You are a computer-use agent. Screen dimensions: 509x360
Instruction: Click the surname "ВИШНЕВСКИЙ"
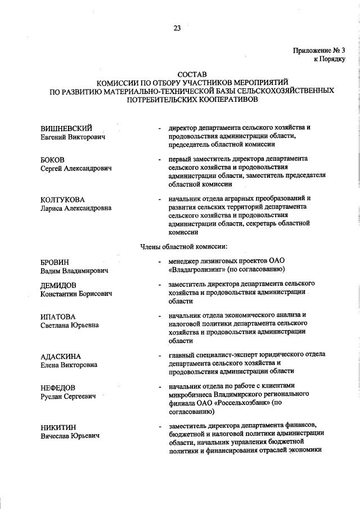(x=66, y=128)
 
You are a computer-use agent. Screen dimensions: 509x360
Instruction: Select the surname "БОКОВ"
(x=52, y=160)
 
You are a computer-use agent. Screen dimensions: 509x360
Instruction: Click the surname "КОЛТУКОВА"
(x=62, y=200)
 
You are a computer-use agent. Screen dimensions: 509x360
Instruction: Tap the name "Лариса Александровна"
(x=76, y=208)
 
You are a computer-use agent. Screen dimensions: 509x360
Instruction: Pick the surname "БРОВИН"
(x=55, y=262)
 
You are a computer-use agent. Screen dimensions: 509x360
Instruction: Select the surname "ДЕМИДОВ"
(x=58, y=285)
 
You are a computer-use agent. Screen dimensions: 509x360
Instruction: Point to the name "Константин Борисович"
(x=76, y=294)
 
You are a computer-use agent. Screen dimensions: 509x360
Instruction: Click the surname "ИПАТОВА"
(x=58, y=317)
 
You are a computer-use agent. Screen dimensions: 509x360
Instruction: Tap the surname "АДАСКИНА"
(x=61, y=357)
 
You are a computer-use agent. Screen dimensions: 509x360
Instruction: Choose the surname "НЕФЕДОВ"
(x=58, y=388)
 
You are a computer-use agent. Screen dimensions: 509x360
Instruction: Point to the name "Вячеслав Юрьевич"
(x=70, y=436)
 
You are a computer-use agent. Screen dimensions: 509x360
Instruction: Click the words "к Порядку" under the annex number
(x=330, y=59)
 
